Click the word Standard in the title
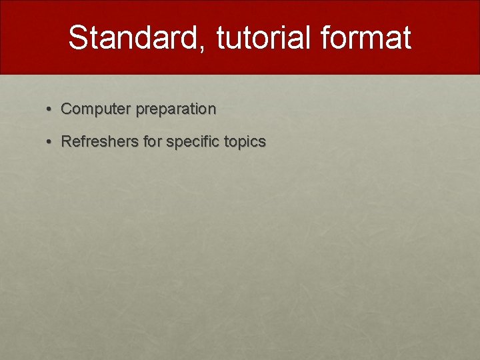pyautogui.click(x=133, y=37)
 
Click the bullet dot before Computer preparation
pyautogui.click(x=48, y=109)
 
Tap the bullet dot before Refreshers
pyautogui.click(x=48, y=142)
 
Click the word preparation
pyautogui.click(x=176, y=109)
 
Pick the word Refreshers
pyautogui.click(x=100, y=141)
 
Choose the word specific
pyautogui.click(x=193, y=142)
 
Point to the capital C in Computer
pyautogui.click(x=67, y=109)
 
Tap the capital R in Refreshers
pyautogui.click(x=67, y=141)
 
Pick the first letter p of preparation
pyautogui.click(x=140, y=111)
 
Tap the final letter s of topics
pyautogui.click(x=262, y=143)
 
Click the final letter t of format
pyautogui.click(x=407, y=38)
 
